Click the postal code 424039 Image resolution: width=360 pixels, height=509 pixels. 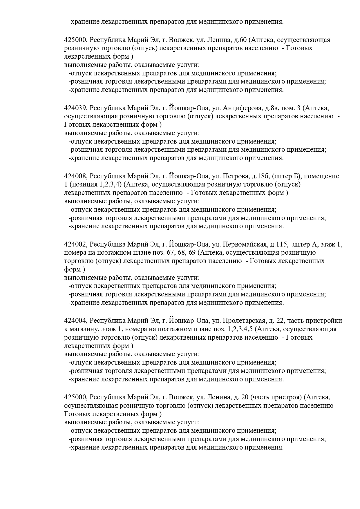point(75,108)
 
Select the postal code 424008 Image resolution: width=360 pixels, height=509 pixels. point(75,176)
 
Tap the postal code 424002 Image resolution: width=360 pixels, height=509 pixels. point(75,244)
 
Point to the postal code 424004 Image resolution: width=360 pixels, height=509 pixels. point(75,321)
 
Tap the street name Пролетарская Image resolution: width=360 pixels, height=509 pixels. point(243,321)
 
